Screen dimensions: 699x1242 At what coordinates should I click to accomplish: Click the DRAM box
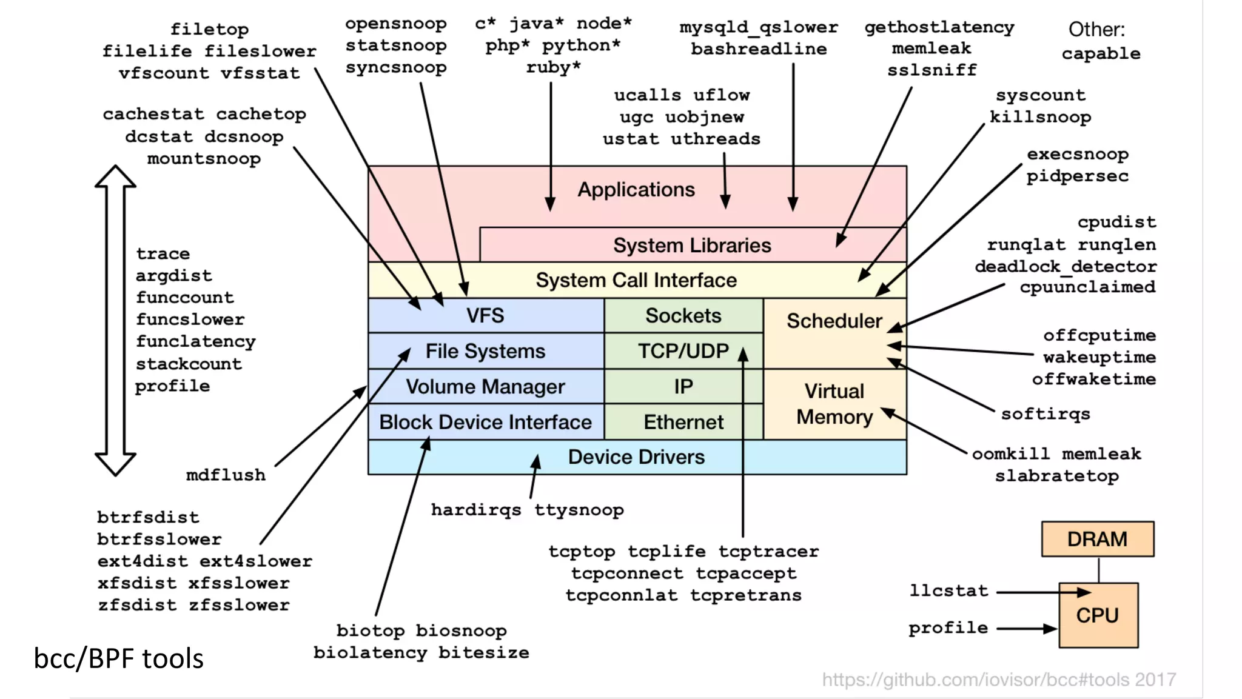point(1097,539)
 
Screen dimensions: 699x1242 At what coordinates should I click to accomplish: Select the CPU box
point(1097,615)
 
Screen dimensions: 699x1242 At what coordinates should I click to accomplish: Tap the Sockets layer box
point(683,316)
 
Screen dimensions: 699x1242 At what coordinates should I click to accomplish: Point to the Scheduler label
point(834,321)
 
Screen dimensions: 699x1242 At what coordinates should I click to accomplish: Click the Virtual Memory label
point(834,404)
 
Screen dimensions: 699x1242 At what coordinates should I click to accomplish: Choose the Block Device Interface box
point(485,422)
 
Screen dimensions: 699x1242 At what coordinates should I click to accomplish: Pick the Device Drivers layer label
point(636,457)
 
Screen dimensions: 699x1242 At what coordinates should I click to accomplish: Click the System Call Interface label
point(636,280)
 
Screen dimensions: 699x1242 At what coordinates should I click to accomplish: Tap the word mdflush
point(226,475)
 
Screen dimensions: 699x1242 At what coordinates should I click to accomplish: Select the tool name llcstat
point(948,590)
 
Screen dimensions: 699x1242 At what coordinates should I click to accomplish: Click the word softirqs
point(1045,414)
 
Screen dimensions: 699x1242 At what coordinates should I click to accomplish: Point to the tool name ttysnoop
point(579,510)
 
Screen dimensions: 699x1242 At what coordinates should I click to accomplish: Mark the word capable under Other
point(1101,53)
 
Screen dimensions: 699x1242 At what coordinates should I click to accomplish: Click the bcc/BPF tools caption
point(118,658)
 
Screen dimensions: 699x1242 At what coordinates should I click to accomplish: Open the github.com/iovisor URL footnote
point(999,680)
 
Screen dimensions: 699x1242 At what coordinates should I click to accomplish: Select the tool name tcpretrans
point(745,595)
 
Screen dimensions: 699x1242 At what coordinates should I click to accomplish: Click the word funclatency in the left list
point(195,341)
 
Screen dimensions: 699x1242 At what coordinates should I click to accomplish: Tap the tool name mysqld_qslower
point(759,27)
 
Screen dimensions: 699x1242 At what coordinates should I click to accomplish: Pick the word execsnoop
point(1077,155)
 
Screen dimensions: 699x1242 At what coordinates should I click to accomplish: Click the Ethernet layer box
point(683,422)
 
